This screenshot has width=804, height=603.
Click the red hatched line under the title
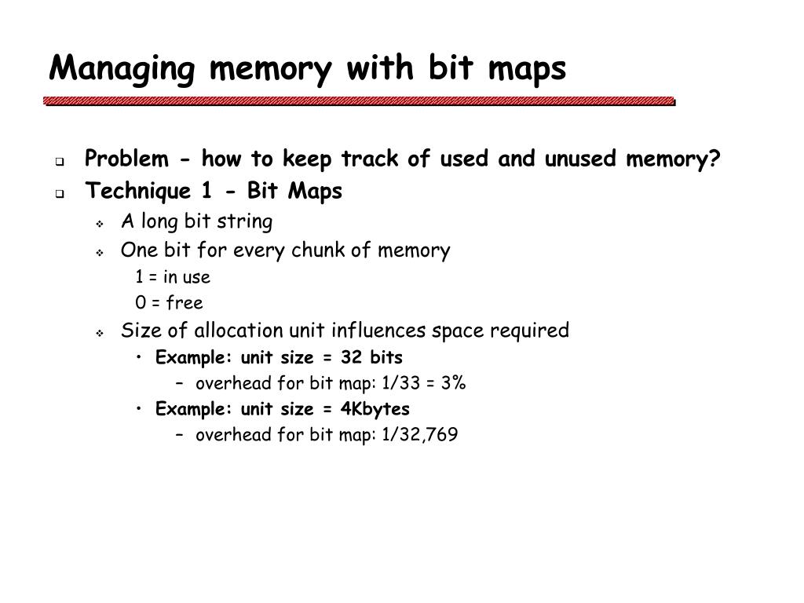click(360, 101)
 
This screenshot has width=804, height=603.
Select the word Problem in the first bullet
click(126, 159)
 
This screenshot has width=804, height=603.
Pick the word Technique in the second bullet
click(133, 192)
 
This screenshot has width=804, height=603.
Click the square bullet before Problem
click(60, 162)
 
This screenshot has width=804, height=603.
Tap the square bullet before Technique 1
click(60, 194)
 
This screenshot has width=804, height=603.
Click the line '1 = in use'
click(172, 277)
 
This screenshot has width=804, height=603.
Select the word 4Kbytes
click(375, 409)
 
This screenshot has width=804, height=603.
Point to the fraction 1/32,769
click(420, 435)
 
